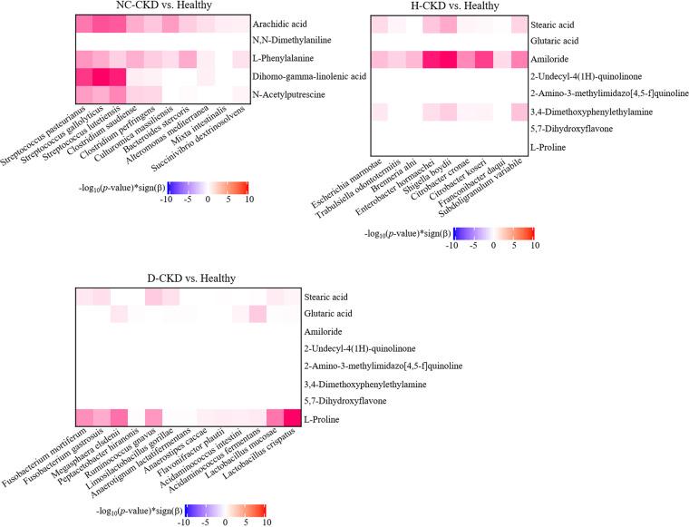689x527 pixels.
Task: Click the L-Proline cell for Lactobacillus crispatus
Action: click(292, 417)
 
